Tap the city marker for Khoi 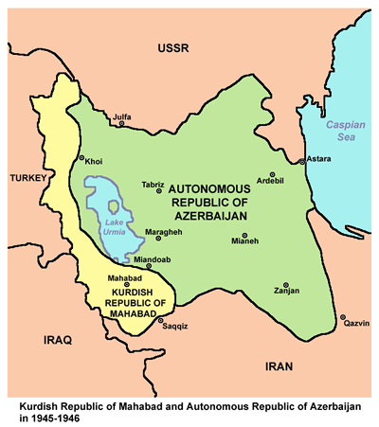click(81, 158)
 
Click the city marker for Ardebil click(272, 175)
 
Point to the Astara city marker click(302, 162)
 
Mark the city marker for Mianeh click(244, 235)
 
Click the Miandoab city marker click(149, 266)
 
